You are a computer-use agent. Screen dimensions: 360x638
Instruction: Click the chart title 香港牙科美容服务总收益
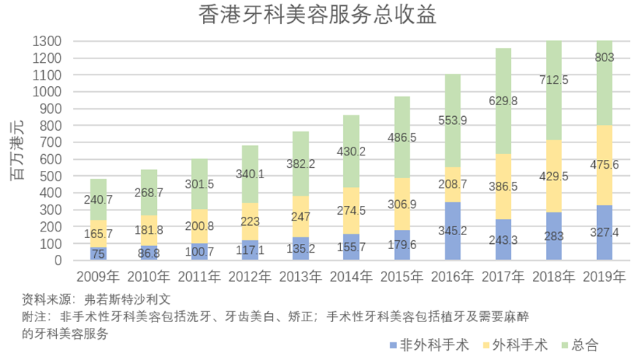[x=318, y=15]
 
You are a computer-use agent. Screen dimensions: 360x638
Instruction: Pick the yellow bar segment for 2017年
[x=503, y=186]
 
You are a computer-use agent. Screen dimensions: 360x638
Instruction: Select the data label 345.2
[x=453, y=231]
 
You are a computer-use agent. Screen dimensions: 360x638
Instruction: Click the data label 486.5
[x=401, y=137]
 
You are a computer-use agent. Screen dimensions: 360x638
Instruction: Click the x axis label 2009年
[x=97, y=277]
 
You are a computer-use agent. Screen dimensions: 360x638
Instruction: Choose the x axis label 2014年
[x=350, y=277]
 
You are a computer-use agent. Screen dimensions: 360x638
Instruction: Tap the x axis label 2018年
[x=553, y=277]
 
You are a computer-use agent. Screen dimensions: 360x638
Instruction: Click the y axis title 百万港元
[x=16, y=150]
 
